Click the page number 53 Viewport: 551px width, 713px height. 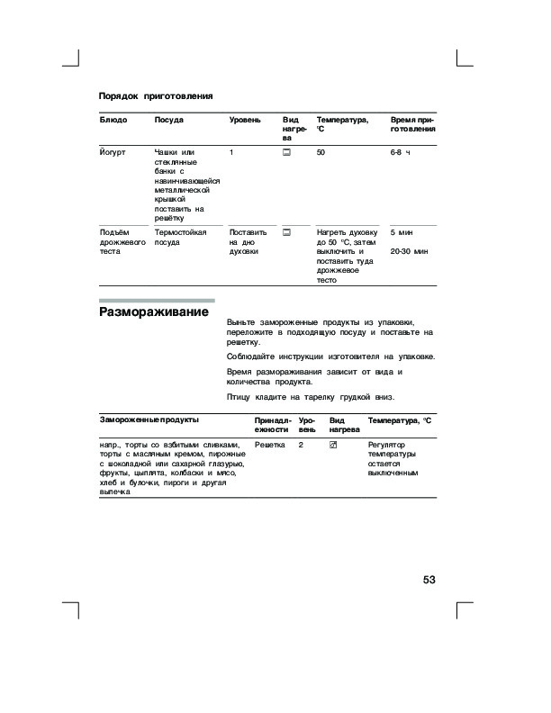coord(428,580)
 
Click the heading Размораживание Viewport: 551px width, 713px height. coord(153,312)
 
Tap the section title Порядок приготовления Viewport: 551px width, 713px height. coord(155,95)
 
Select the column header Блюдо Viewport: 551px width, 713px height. coord(113,120)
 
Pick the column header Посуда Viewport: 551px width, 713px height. coord(169,120)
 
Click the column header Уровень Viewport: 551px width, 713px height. coord(245,120)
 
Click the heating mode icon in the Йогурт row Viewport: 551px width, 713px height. coord(286,154)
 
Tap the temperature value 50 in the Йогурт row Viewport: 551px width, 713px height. coord(321,153)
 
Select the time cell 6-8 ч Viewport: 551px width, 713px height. coord(400,153)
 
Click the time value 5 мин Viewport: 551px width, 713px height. coord(402,232)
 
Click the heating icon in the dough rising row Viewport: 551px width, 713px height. coord(286,232)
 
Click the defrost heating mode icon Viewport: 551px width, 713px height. coord(333,445)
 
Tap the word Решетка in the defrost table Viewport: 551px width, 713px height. coord(270,445)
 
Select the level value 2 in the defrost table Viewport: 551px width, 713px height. coord(302,445)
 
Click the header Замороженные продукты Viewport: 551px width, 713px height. coord(149,420)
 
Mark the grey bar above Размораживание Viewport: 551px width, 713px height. coord(156,300)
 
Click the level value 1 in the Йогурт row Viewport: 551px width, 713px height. coord(232,153)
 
